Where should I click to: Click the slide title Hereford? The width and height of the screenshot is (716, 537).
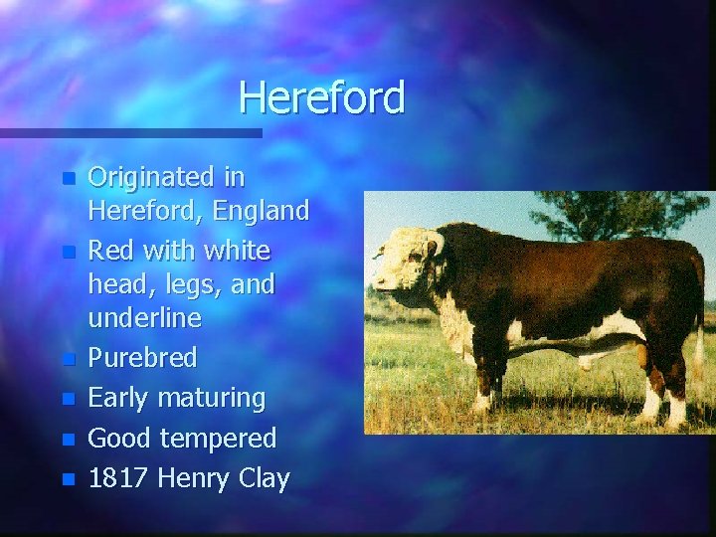click(321, 97)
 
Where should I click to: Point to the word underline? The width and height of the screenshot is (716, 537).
click(145, 318)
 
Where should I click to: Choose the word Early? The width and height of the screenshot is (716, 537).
click(115, 399)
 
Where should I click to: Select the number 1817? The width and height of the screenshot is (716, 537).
click(116, 478)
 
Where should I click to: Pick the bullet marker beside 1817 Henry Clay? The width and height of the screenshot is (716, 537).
click(68, 479)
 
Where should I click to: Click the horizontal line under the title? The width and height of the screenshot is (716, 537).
click(129, 132)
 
